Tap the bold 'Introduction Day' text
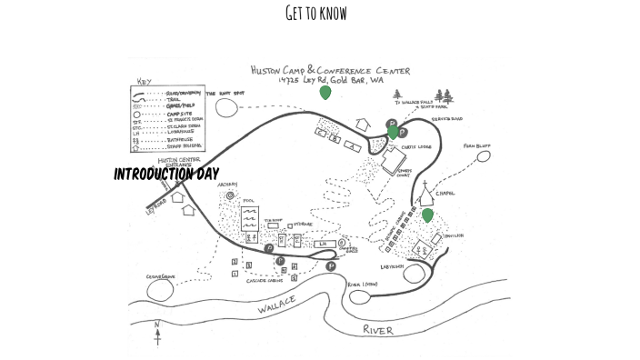coord(166,174)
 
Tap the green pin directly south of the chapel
coord(426,215)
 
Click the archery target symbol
coord(230,195)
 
